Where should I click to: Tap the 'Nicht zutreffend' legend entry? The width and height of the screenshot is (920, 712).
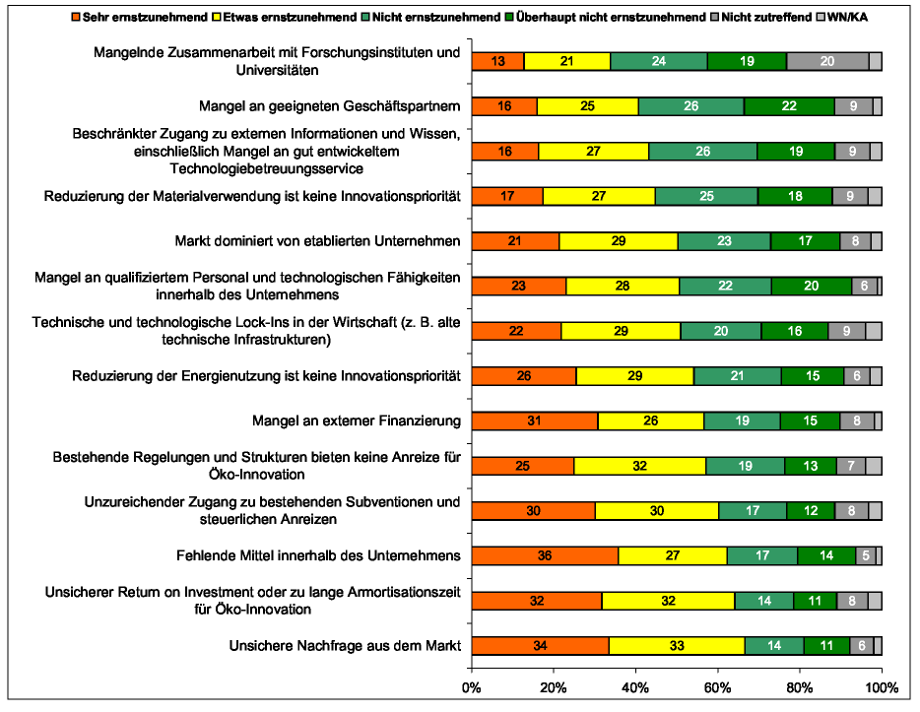coord(763,17)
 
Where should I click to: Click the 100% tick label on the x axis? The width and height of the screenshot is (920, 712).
coord(881,686)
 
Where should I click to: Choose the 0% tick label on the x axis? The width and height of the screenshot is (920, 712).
coord(472,686)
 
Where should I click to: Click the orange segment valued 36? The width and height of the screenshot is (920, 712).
coord(545,555)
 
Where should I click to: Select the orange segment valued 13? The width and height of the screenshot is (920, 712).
coord(497,61)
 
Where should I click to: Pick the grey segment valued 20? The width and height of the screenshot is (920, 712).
coord(827,61)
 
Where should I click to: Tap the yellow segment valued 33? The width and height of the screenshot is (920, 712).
coord(677,646)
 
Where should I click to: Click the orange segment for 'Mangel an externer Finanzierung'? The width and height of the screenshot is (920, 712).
coord(535,421)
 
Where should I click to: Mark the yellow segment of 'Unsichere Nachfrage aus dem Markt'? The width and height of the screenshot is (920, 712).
coord(677,646)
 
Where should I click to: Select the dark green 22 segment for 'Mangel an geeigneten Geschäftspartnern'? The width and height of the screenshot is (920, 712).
coord(789,106)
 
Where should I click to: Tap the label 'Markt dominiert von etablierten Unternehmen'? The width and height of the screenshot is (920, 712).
coord(317,241)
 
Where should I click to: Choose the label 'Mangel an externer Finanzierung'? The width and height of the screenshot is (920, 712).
coord(357,421)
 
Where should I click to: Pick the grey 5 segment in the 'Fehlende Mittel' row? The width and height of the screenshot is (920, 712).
coord(866,555)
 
